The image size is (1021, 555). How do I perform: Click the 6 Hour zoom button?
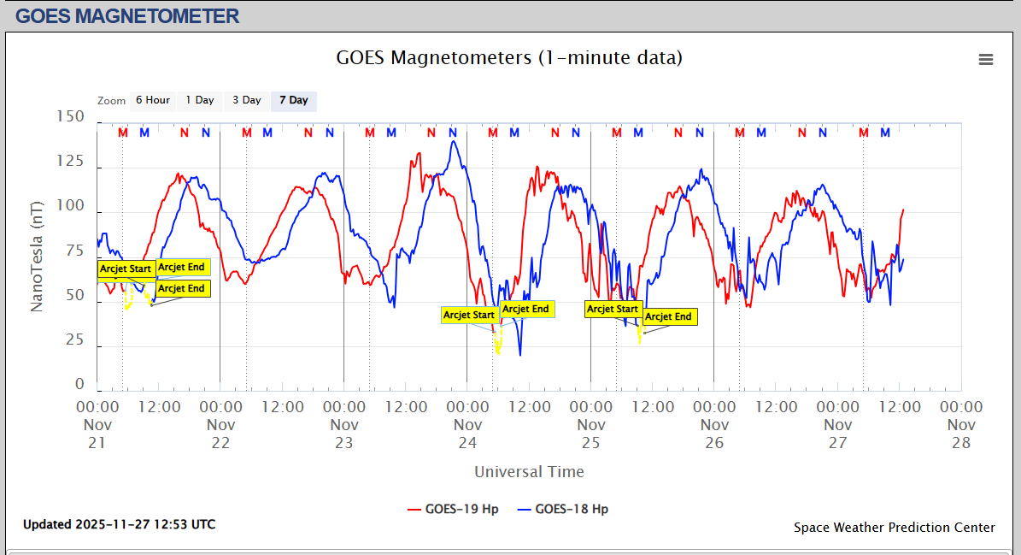click(x=153, y=100)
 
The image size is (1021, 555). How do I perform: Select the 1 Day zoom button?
click(x=200, y=100)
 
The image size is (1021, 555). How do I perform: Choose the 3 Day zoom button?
click(x=247, y=100)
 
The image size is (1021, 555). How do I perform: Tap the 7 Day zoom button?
click(x=294, y=100)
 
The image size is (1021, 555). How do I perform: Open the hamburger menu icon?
click(x=986, y=59)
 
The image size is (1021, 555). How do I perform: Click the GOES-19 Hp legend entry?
click(x=454, y=509)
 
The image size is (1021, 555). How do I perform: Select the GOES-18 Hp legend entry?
click(x=563, y=509)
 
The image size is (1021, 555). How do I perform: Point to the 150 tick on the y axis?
click(x=69, y=116)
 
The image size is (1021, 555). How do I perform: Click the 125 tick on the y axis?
click(x=69, y=161)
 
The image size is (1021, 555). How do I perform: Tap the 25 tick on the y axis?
click(x=75, y=340)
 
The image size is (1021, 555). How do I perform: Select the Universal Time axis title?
click(x=529, y=471)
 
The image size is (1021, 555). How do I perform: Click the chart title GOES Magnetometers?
click(x=509, y=58)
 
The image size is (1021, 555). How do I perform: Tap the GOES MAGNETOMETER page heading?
click(x=127, y=15)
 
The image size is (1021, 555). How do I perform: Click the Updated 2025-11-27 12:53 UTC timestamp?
click(x=119, y=524)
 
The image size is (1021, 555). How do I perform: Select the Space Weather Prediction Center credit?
click(x=894, y=527)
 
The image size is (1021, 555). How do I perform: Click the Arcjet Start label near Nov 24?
click(x=469, y=315)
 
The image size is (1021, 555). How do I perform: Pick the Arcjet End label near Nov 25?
click(x=668, y=316)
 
